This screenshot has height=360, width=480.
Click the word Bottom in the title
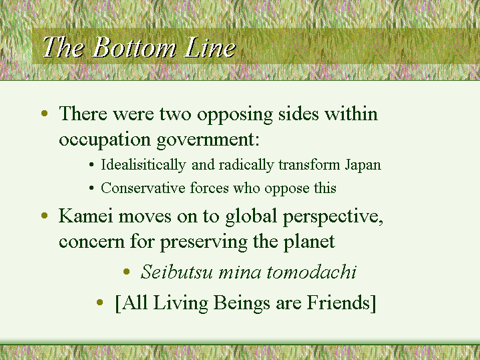tap(134, 47)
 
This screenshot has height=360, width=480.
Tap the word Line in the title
tap(210, 47)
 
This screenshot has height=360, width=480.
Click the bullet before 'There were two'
tap(44, 114)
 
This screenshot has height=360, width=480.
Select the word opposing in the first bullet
tap(234, 115)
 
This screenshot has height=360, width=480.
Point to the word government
tap(208, 140)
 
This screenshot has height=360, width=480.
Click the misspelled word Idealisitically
tap(144, 165)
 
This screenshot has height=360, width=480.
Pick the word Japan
tap(363, 165)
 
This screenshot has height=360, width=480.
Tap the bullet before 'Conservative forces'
tap(91, 188)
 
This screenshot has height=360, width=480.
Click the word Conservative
tap(143, 188)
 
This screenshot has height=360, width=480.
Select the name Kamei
tap(85, 216)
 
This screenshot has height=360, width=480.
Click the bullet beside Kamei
tap(44, 215)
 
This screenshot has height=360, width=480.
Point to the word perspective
tap(333, 217)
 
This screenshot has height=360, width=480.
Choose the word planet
tap(309, 242)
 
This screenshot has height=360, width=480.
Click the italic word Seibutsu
tap(177, 272)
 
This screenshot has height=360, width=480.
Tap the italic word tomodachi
tap(311, 272)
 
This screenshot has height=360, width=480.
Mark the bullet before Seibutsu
tap(126, 271)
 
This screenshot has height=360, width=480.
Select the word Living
tap(181, 303)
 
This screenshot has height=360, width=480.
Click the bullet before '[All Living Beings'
tap(99, 303)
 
